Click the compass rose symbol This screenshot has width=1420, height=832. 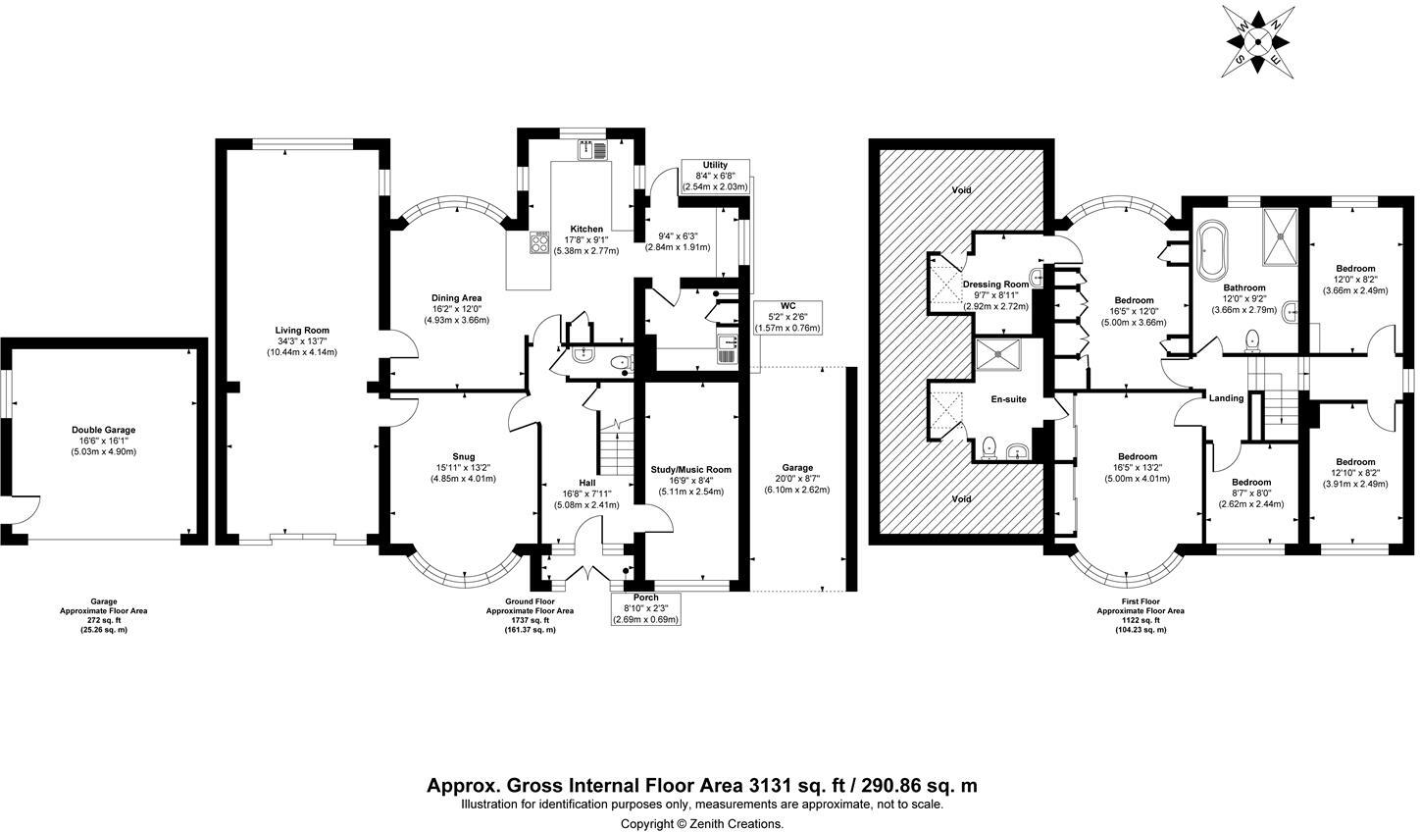1259,41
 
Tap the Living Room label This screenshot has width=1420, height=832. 301,331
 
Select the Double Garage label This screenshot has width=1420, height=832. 103,430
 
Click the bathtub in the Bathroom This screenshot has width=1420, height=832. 1213,243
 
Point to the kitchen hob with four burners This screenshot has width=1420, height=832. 540,241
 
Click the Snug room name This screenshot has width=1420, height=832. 463,456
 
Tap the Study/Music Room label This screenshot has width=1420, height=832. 691,469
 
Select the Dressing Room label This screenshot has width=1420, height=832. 995,285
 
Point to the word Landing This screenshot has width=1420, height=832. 1226,398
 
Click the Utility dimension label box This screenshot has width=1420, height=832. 715,176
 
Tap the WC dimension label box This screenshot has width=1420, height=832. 787,316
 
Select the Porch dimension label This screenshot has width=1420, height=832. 645,608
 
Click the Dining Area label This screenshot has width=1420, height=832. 456,298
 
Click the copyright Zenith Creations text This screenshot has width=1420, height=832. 702,823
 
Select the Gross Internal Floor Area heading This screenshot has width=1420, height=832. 701,785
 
